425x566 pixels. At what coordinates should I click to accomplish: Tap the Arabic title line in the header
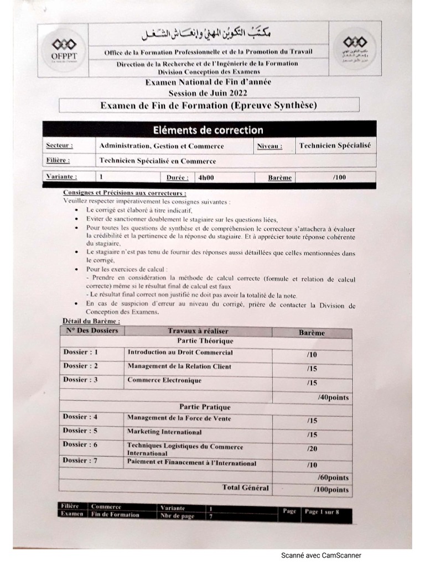209,35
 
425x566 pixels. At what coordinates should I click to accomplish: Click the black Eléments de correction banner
208,130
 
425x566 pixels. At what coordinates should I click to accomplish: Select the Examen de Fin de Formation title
209,105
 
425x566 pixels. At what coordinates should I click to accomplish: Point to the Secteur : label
59,146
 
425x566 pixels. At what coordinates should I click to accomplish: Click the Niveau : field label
269,146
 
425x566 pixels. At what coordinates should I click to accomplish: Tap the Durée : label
178,177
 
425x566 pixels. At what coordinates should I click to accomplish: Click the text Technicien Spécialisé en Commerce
157,161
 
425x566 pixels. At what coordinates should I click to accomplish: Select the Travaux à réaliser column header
198,331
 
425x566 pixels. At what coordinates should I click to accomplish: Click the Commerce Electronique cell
164,380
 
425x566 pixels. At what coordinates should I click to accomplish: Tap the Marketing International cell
164,432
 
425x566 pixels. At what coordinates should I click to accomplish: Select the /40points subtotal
333,397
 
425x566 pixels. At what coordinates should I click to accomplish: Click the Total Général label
245,488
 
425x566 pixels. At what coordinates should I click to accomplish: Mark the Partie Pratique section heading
198,406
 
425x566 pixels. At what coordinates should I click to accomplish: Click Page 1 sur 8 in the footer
322,512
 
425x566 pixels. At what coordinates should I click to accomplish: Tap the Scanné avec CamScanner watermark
321,555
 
